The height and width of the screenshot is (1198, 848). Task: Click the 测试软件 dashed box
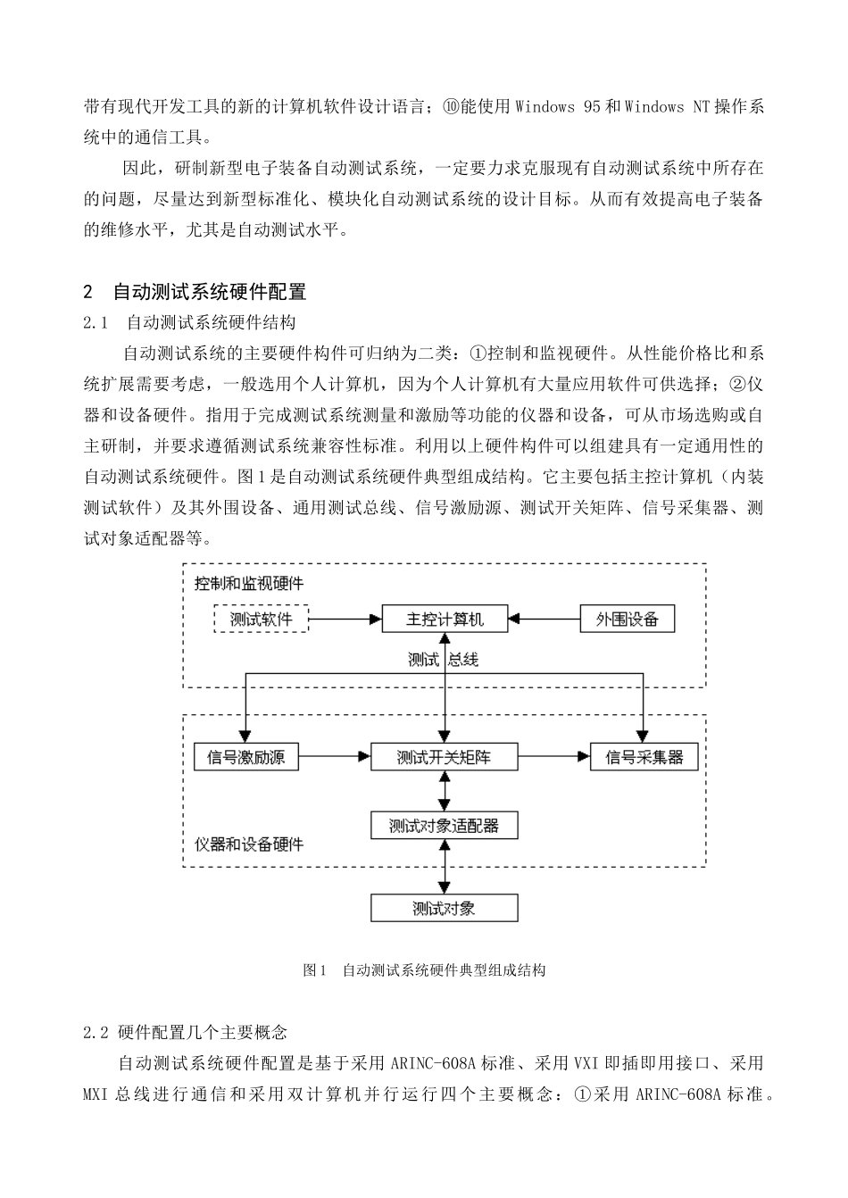(261, 619)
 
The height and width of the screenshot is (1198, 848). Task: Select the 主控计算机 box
(445, 619)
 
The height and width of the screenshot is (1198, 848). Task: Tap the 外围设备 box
(627, 619)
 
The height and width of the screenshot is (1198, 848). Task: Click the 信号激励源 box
(245, 757)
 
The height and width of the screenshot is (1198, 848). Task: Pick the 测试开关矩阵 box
(445, 757)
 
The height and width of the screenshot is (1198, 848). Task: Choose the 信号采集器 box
(644, 757)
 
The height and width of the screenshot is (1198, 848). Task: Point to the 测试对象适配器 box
(445, 826)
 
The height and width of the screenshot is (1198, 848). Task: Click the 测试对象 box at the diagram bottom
(445, 909)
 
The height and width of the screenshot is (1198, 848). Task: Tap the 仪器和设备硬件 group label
(249, 844)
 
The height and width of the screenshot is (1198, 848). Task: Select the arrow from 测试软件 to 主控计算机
(345, 619)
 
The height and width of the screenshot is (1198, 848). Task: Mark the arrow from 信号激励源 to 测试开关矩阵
(334, 757)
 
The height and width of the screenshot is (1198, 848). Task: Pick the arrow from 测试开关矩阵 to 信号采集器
(554, 757)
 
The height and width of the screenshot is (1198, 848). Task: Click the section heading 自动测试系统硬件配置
(210, 292)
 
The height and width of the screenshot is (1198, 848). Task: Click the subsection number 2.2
(96, 1033)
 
